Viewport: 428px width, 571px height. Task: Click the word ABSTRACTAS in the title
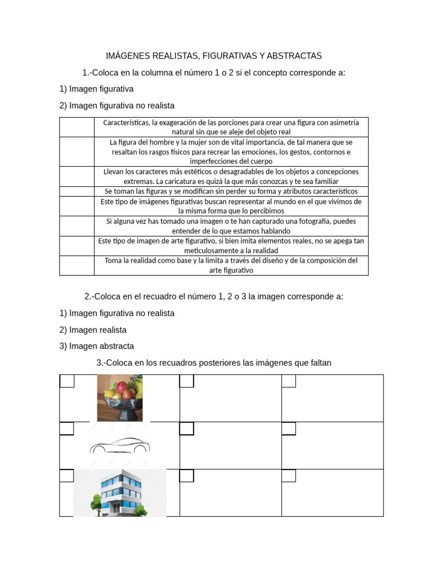294,56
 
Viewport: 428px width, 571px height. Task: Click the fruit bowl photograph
120,398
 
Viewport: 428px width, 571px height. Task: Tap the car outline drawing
120,446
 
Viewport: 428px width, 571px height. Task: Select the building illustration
120,493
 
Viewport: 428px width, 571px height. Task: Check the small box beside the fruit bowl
67,381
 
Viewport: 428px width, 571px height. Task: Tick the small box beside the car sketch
67,428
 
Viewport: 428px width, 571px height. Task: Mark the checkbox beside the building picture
67,476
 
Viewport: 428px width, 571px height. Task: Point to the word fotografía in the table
310,221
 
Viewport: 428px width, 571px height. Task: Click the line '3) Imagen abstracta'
96,346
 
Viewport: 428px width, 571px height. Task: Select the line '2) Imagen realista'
93,330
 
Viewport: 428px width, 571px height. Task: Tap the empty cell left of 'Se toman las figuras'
77,191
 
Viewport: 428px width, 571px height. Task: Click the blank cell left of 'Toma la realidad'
77,265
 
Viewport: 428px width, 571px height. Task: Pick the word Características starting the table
126,123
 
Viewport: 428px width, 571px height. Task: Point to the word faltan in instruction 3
319,363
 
